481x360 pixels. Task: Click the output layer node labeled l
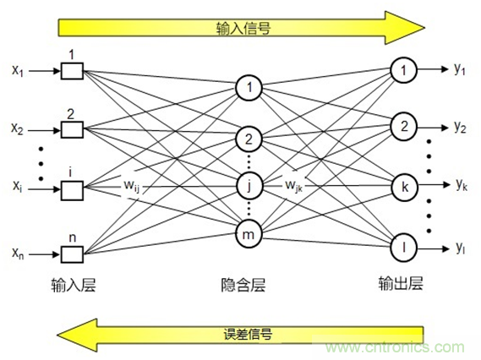coord(404,248)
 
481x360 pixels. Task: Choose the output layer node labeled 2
coord(404,127)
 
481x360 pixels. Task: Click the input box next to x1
coord(71,72)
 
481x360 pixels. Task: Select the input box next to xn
coord(71,251)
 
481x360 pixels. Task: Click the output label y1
coord(460,69)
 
